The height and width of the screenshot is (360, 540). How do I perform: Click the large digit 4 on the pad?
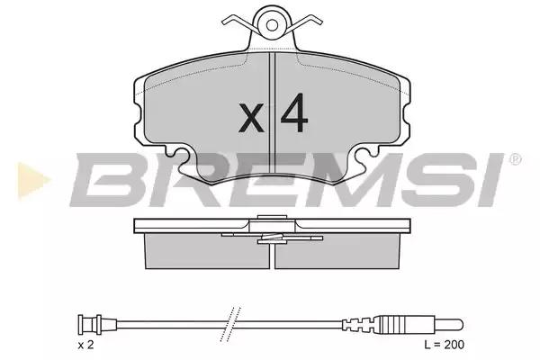(x=294, y=112)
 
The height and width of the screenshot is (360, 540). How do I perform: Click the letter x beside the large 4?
(x=251, y=117)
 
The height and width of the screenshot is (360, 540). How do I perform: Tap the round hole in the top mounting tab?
(x=272, y=24)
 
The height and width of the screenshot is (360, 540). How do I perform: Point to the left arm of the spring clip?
(x=238, y=22)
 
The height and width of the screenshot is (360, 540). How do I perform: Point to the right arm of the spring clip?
(x=305, y=22)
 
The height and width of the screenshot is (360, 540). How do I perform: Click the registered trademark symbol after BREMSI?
(x=515, y=159)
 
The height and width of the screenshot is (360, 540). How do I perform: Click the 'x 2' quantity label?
(x=85, y=345)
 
